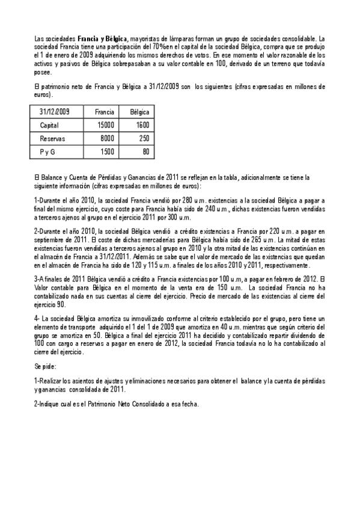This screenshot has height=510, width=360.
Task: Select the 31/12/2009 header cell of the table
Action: (55, 112)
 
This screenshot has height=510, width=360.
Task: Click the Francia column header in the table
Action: (105, 112)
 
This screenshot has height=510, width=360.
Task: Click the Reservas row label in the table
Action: (52, 138)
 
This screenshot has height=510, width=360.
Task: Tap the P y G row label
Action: (47, 152)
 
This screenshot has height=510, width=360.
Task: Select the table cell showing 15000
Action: (106, 125)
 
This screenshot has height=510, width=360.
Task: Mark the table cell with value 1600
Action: (142, 125)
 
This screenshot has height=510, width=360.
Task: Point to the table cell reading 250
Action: (144, 138)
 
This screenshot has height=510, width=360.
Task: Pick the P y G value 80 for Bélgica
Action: (146, 152)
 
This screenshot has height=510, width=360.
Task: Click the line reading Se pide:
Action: (46, 366)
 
